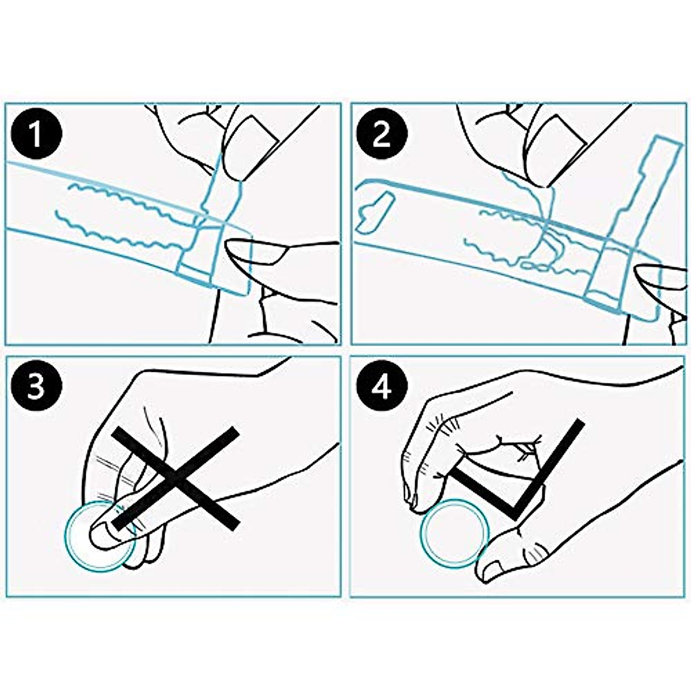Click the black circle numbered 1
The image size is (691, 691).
(x=36, y=134)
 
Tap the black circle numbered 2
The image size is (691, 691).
(x=382, y=134)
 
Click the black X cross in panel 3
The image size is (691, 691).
(x=176, y=479)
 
